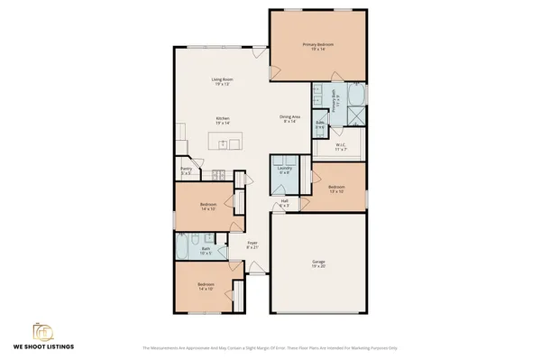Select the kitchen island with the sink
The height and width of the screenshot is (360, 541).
point(225,143)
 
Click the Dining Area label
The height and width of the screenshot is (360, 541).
point(290,118)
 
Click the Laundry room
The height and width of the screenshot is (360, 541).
point(285,171)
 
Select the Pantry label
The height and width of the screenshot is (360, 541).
point(187,170)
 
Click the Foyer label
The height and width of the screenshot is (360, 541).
point(252,245)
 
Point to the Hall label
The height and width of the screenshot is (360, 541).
point(284,204)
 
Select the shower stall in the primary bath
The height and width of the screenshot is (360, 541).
point(357,115)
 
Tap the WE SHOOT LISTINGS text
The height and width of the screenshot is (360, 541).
point(42,346)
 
